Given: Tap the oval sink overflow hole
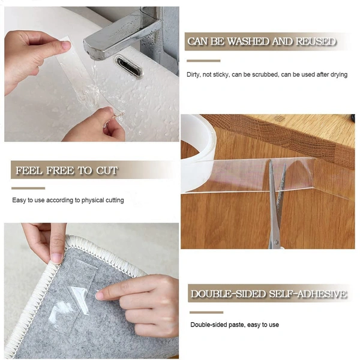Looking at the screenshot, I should coord(128,66).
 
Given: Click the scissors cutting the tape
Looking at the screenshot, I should coord(275,204).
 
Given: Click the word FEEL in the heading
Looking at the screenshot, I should coord(29,170).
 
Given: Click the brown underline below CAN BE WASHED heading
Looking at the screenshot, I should coord(203,61).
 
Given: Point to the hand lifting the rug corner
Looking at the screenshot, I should coord(45,240).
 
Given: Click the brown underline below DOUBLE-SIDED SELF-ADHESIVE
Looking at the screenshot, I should coord(206,312).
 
